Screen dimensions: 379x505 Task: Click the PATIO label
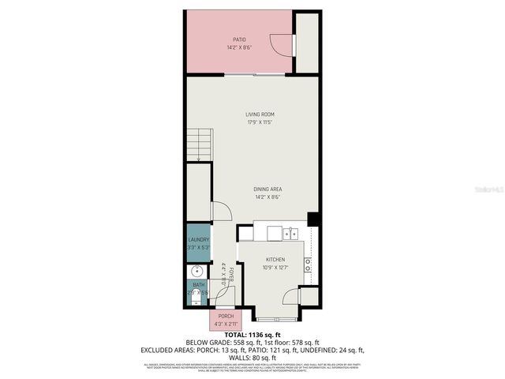(239, 39)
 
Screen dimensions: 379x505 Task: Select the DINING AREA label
(268, 189)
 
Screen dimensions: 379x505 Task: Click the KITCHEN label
(275, 260)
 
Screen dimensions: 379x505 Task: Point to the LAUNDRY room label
(198, 239)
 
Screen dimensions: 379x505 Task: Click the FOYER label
(232, 273)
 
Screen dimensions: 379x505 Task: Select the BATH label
(198, 285)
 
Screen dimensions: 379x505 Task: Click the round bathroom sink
(196, 272)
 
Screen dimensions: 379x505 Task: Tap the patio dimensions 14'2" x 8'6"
(239, 47)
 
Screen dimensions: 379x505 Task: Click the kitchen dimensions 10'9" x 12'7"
(275, 268)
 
